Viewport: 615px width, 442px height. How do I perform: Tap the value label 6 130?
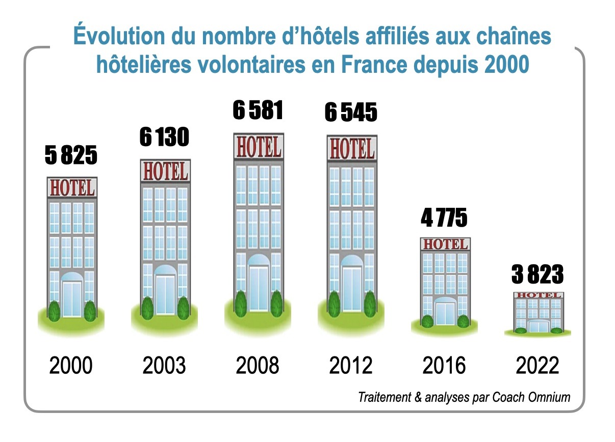pos(164,137)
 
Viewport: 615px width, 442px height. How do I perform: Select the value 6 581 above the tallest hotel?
pos(258,110)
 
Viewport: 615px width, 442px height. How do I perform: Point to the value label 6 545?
pos(351,113)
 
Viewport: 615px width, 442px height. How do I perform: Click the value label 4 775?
pos(444,218)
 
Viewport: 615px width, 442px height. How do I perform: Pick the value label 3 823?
pos(537,275)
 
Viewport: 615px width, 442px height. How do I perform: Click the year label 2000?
pos(71,366)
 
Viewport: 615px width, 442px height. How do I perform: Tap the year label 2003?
pos(164,366)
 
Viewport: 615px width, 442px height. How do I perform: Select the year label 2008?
pos(258,366)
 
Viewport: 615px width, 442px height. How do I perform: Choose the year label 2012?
pos(351,366)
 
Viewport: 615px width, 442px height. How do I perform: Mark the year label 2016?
pos(444,366)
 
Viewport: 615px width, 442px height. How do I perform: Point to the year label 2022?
pos(537,366)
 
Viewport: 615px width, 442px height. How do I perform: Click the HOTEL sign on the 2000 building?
pos(71,188)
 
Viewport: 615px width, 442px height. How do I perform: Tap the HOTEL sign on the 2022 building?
pos(538,295)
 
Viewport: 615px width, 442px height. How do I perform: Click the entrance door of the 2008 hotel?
pos(258,288)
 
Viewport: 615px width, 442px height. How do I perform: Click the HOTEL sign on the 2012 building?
pos(351,149)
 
